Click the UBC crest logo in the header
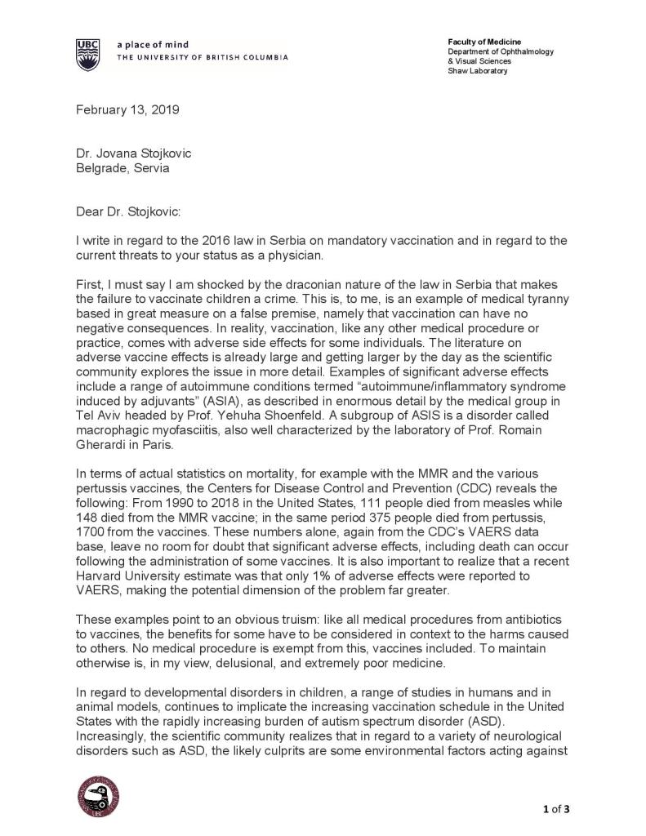coord(89,55)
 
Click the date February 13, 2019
coord(128,110)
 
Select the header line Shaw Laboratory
coord(477,71)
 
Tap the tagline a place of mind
coord(153,45)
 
